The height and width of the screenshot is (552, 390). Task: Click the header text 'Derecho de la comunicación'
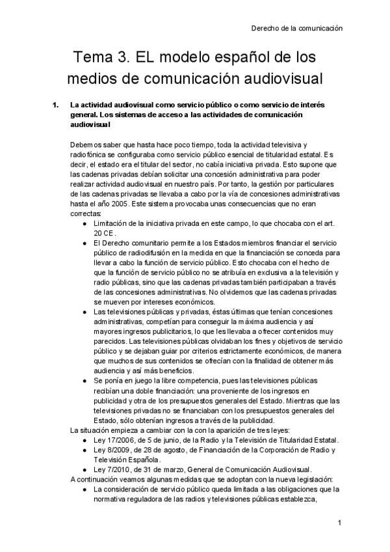coord(296,29)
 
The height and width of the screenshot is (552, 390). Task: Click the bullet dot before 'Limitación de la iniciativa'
coord(86,223)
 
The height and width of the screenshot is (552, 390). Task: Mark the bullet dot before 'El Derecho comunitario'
coord(86,242)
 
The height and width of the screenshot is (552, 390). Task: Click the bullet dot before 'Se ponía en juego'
coord(86,379)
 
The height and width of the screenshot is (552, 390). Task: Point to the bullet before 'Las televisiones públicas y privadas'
coord(86,312)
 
